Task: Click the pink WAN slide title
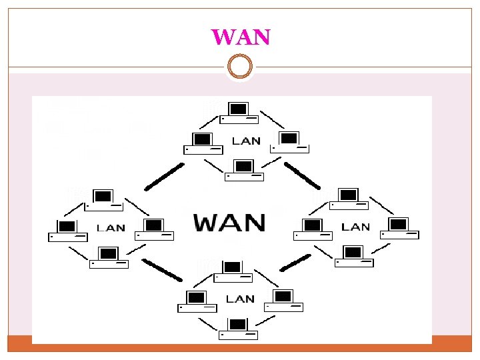coord(241,36)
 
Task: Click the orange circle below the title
coord(240,67)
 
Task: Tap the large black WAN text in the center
coord(230,222)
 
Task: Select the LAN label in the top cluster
coord(246,141)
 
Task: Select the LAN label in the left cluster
coord(111,227)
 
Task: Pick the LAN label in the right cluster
coord(355,227)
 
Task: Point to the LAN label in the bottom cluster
coord(240,298)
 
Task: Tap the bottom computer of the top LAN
coord(245,171)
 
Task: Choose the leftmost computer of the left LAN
coord(67,230)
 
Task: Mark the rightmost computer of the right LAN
coord(399,228)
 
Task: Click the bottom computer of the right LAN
coord(353,257)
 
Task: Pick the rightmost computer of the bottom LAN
coord(283,301)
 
